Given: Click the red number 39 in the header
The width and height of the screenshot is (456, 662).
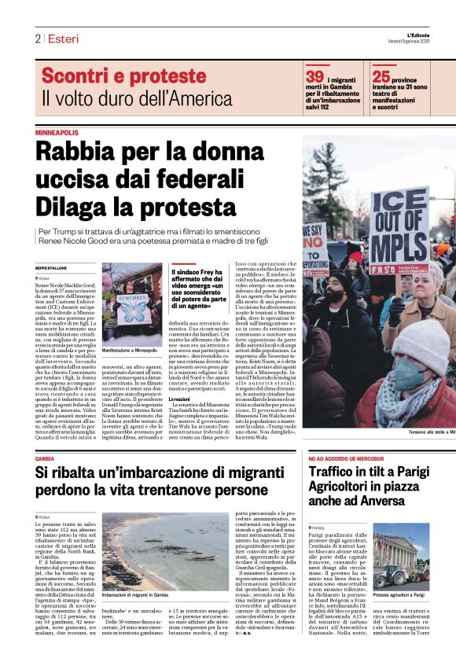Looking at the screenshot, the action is point(314,76).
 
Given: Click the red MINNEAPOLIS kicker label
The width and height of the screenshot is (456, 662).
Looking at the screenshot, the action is point(57,133).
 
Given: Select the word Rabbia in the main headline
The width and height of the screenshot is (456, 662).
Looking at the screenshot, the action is point(80,150).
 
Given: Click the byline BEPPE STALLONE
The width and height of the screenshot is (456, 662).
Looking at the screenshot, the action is point(53,269).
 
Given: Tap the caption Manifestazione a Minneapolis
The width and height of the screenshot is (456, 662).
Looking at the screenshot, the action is point(129,350).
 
